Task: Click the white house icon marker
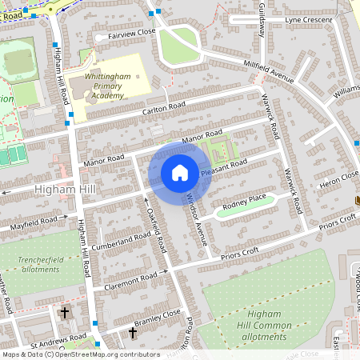pyautogui.click(x=180, y=173)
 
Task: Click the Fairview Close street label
pyautogui.click(x=126, y=34)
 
